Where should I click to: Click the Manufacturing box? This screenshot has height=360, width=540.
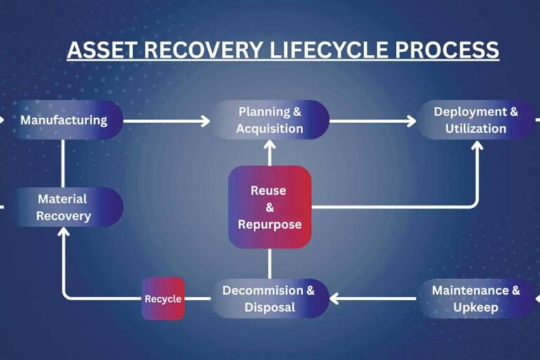[x=65, y=120]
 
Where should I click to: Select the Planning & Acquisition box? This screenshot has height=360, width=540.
[x=270, y=120]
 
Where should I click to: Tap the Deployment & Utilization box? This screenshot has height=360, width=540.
[x=475, y=120]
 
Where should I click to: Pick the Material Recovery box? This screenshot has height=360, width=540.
[x=65, y=207]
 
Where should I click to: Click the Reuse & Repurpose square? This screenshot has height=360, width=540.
[x=270, y=207]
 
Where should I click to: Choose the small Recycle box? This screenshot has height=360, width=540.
[x=163, y=299]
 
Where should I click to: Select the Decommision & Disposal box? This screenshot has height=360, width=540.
[x=270, y=299]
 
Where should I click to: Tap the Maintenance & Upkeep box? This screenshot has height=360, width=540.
[x=476, y=299]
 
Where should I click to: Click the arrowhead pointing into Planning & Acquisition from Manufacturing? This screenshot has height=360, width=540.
[x=205, y=121]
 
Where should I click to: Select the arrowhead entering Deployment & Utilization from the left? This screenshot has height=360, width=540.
[x=411, y=121]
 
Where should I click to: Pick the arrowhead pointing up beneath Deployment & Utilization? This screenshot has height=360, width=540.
[x=477, y=146]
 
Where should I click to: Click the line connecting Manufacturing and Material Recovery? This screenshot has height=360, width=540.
[x=64, y=162]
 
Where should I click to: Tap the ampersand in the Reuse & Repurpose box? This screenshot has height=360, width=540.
[x=270, y=207]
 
